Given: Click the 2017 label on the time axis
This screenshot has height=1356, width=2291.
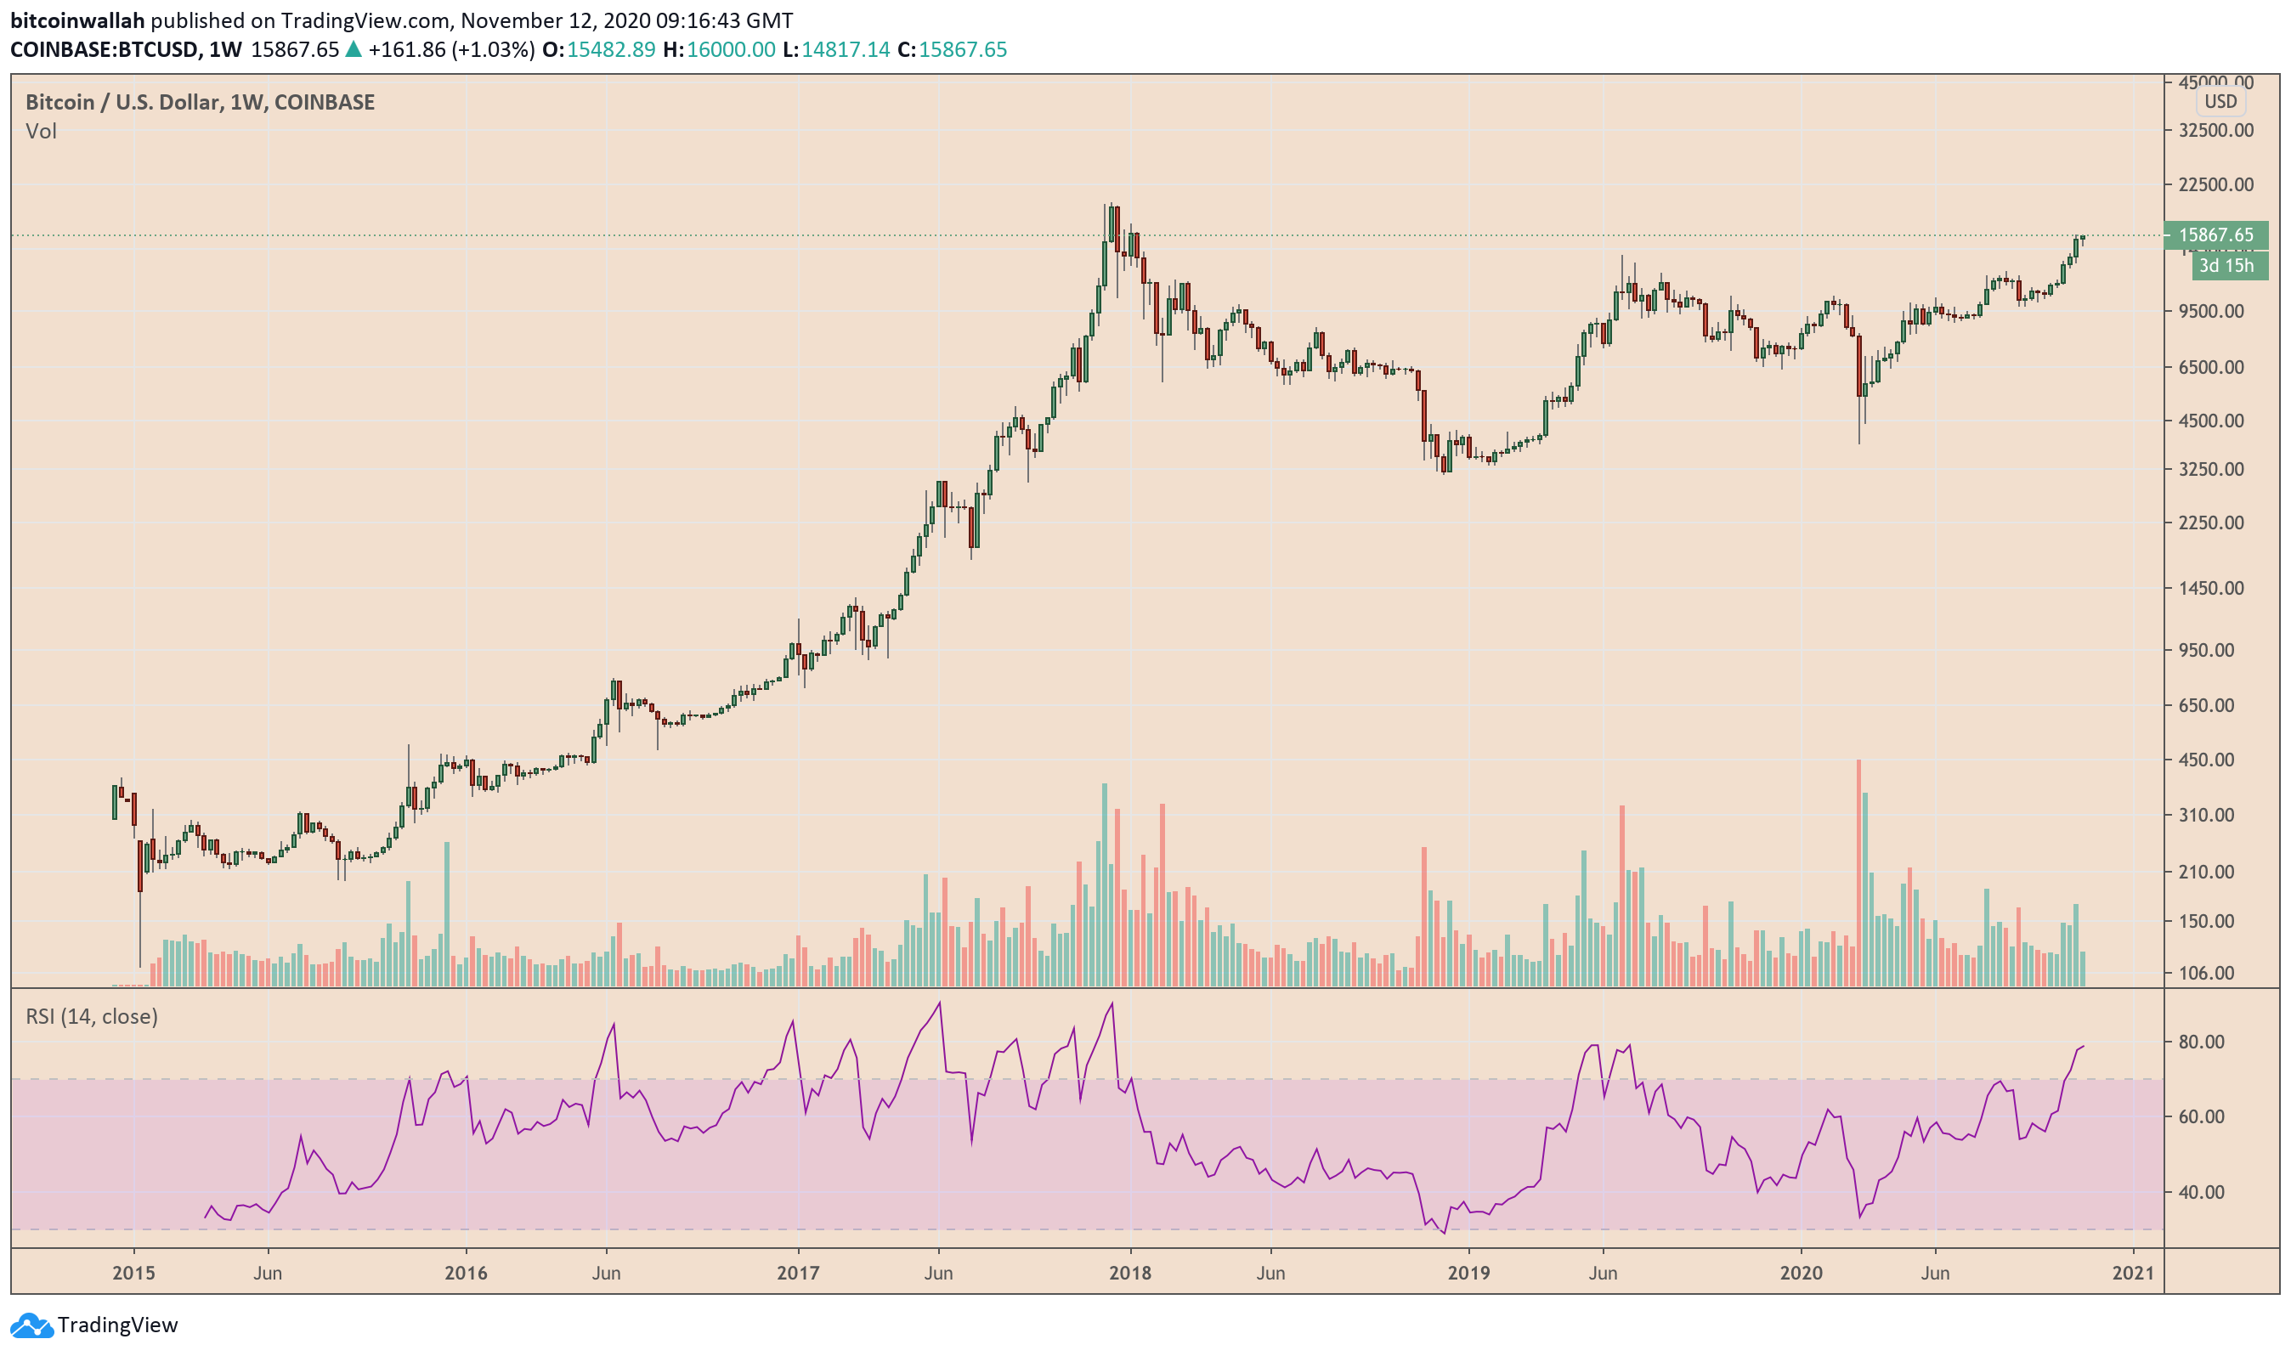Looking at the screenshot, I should tap(797, 1273).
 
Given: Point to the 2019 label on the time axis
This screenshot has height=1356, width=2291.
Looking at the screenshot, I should tap(1468, 1273).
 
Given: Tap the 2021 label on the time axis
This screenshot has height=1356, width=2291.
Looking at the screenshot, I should tap(2133, 1273).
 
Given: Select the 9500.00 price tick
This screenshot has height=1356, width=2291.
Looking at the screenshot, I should tap(2209, 312).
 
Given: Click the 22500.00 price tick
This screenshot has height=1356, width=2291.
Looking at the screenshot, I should tap(2215, 184).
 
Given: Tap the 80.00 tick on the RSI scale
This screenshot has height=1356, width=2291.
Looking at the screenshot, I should tap(2202, 1042).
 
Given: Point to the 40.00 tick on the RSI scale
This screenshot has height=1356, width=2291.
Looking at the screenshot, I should tap(2202, 1192).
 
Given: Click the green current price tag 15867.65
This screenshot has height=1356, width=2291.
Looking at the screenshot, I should tap(2215, 234).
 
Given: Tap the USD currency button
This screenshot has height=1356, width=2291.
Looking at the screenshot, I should tap(2220, 101).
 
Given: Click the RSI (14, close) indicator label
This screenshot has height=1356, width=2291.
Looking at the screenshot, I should tap(92, 1016).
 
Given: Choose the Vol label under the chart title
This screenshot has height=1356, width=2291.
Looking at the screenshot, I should tap(41, 132).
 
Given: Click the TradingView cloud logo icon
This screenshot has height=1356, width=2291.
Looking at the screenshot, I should tap(31, 1325).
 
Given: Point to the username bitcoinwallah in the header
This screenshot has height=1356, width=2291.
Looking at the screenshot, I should tap(77, 20).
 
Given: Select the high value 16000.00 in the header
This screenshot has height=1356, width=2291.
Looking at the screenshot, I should tap(730, 49).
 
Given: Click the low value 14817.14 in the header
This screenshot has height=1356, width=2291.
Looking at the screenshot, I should tap(846, 49).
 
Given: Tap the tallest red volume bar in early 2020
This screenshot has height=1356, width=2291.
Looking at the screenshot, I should tap(1858, 873).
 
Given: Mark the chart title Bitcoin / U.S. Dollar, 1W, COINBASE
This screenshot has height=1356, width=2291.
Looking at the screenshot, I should tap(201, 102).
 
